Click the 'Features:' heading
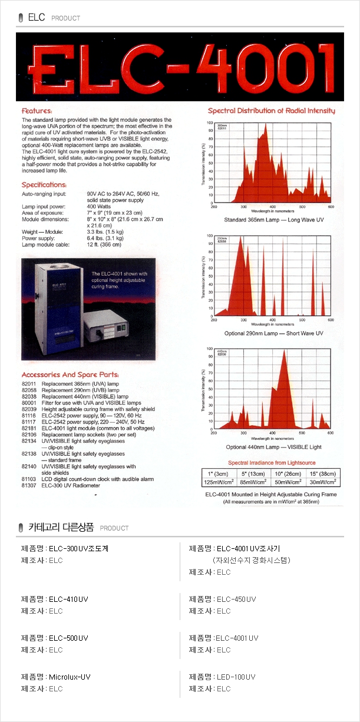37,111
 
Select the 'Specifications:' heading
44,185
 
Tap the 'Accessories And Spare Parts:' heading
70,375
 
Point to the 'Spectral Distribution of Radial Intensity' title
272,111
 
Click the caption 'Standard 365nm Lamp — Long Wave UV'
274,220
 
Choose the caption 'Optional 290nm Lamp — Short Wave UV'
274,333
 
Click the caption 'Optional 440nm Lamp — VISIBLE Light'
274,447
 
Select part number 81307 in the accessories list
29,485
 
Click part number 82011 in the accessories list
29,383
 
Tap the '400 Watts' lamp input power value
98,206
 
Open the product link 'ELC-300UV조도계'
78,548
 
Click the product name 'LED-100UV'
236,677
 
